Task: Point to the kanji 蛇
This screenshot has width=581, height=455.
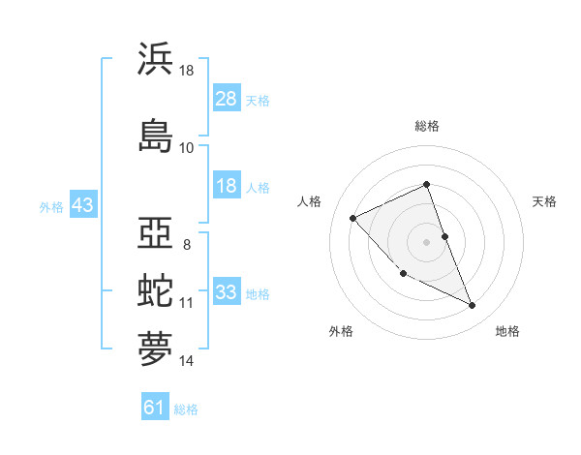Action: click(156, 290)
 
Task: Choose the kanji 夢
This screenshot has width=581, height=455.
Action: click(156, 349)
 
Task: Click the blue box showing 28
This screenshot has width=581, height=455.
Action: click(227, 98)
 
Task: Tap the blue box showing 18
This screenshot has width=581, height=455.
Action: click(227, 186)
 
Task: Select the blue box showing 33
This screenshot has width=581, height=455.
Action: click(227, 291)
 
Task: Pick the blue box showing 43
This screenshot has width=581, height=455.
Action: click(83, 205)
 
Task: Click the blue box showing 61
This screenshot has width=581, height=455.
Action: click(155, 408)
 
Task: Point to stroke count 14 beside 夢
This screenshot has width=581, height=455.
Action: click(187, 361)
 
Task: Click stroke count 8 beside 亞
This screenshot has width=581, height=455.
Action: click(187, 244)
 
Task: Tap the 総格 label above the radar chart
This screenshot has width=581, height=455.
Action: click(427, 126)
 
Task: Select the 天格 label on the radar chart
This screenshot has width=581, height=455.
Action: click(545, 201)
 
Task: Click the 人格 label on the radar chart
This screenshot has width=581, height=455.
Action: click(309, 201)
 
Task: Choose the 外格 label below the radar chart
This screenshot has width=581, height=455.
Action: click(341, 332)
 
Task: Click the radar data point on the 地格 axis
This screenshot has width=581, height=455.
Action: click(473, 306)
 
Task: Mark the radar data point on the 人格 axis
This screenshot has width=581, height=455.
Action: click(353, 218)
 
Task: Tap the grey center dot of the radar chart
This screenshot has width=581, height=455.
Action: click(427, 241)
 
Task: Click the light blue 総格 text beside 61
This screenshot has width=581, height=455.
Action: click(186, 409)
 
